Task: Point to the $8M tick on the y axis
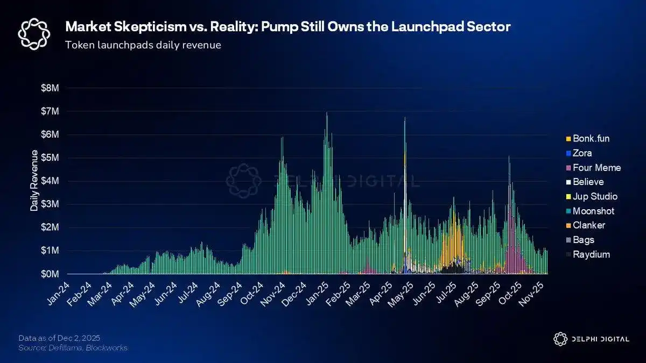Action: coord(50,88)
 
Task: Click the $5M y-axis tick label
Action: coord(50,158)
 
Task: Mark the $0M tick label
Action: coord(50,274)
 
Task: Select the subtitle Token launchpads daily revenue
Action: coord(143,45)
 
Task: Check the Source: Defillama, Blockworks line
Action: coord(73,348)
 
